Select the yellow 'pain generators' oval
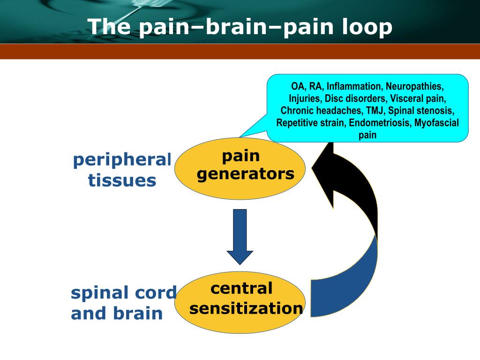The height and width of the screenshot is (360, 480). click(240, 168)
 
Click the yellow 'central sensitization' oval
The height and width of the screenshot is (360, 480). click(240, 302)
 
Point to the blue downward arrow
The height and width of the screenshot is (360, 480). click(240, 236)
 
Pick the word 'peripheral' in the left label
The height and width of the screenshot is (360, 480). click(122, 160)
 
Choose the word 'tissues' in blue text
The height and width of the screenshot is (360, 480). click(122, 180)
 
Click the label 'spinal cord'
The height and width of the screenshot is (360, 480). click(124, 292)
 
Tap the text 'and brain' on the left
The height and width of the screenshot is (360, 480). click(117, 313)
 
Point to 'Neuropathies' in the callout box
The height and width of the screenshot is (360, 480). click(414, 86)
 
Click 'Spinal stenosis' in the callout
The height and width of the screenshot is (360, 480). click(421, 111)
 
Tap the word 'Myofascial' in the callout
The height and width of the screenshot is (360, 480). click(436, 123)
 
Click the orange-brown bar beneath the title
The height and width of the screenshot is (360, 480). click(240, 52)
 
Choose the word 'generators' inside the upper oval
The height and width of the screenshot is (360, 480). click(246, 174)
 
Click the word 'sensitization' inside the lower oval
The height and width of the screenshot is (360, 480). click(246, 308)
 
